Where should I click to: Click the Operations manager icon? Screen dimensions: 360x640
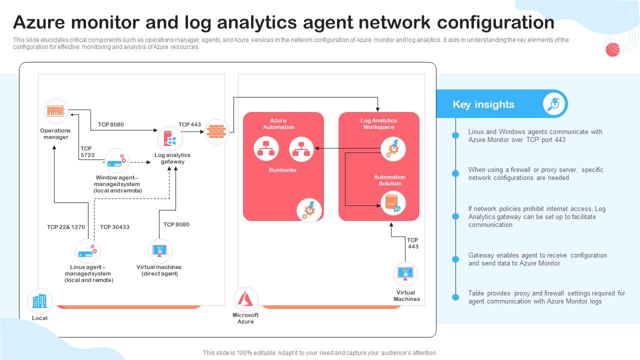(56, 111)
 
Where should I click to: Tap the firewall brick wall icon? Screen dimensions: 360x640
(216, 131)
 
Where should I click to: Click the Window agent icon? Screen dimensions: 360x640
(117, 161)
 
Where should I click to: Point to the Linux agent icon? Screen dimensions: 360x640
(88, 251)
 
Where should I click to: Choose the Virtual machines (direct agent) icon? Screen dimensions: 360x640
(159, 251)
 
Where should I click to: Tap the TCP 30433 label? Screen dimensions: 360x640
(114, 227)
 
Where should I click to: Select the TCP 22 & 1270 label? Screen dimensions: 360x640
(66, 227)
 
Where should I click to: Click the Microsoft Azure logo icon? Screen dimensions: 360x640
(245, 299)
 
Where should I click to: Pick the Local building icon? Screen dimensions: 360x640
(39, 301)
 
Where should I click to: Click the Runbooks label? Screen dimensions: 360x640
(282, 170)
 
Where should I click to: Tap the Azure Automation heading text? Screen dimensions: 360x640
(278, 124)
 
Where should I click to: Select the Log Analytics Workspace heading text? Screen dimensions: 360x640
(378, 124)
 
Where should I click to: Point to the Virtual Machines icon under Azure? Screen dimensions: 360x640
(405, 274)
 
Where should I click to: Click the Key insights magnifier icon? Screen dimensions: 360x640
(554, 104)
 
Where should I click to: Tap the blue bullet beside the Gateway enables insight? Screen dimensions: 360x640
(455, 259)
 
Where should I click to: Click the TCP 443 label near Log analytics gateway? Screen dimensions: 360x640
(189, 124)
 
